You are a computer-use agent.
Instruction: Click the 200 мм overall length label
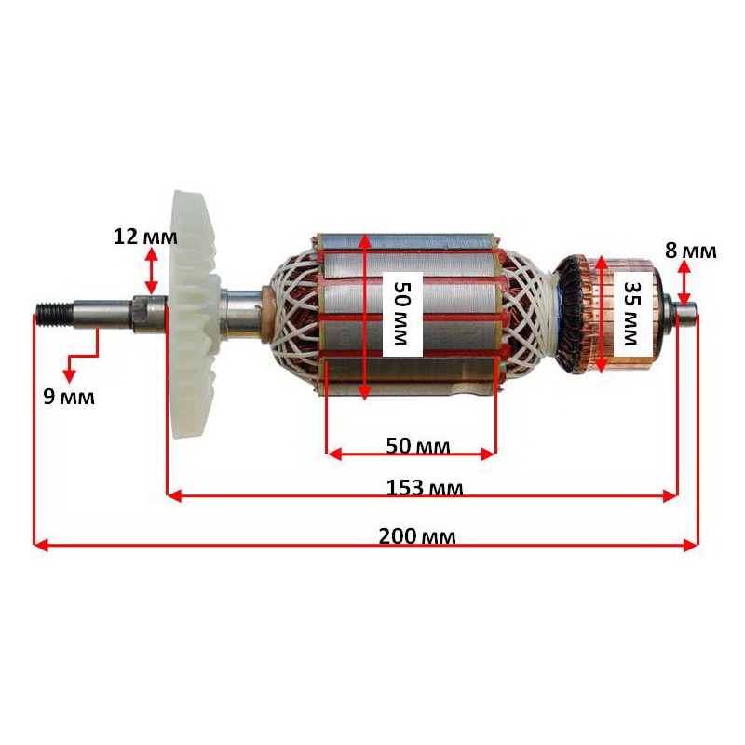click(417, 536)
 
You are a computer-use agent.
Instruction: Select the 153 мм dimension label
click(425, 487)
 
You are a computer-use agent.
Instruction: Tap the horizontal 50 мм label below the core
click(417, 446)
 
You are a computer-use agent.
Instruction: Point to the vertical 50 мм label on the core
click(402, 313)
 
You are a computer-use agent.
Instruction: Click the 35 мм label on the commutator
click(631, 314)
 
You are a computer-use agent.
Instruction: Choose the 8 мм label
click(691, 251)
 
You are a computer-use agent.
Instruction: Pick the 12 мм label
click(145, 237)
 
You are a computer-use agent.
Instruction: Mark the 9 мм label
click(69, 397)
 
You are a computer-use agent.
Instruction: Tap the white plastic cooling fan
click(194, 315)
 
